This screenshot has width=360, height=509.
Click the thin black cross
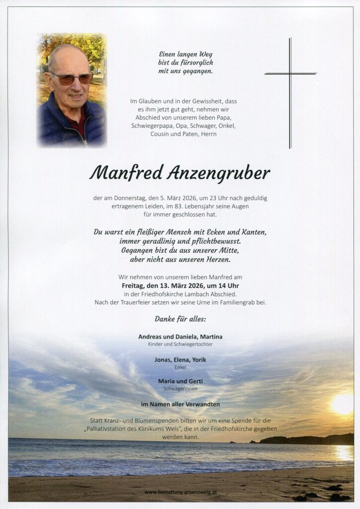[x=290, y=74]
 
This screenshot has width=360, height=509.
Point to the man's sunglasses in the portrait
[x=71, y=79]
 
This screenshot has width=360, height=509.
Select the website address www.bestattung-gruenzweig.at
[x=180, y=492]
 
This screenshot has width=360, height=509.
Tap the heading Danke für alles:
[x=180, y=319]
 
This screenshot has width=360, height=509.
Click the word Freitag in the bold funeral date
[x=134, y=286]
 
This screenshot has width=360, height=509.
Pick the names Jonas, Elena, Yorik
[x=180, y=359]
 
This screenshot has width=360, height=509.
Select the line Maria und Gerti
[x=180, y=381]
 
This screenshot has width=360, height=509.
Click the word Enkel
[x=180, y=367]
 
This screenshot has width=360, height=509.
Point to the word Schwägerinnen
[x=180, y=389]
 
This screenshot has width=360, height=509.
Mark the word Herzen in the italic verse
[x=218, y=259]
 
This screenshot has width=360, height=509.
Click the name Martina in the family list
[x=211, y=337]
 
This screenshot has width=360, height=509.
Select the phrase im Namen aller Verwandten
[x=180, y=404]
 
